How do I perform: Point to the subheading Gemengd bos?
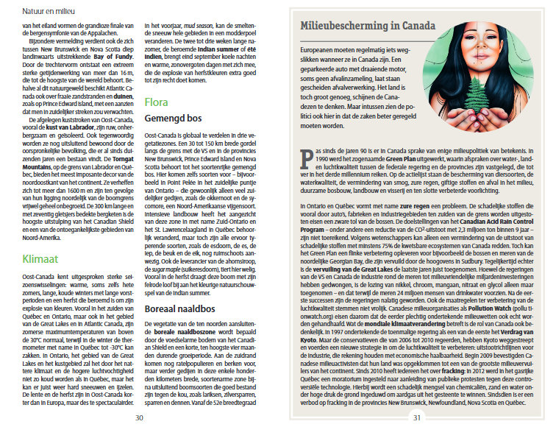(173, 118)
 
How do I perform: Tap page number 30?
(139, 417)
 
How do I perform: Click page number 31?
(416, 417)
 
